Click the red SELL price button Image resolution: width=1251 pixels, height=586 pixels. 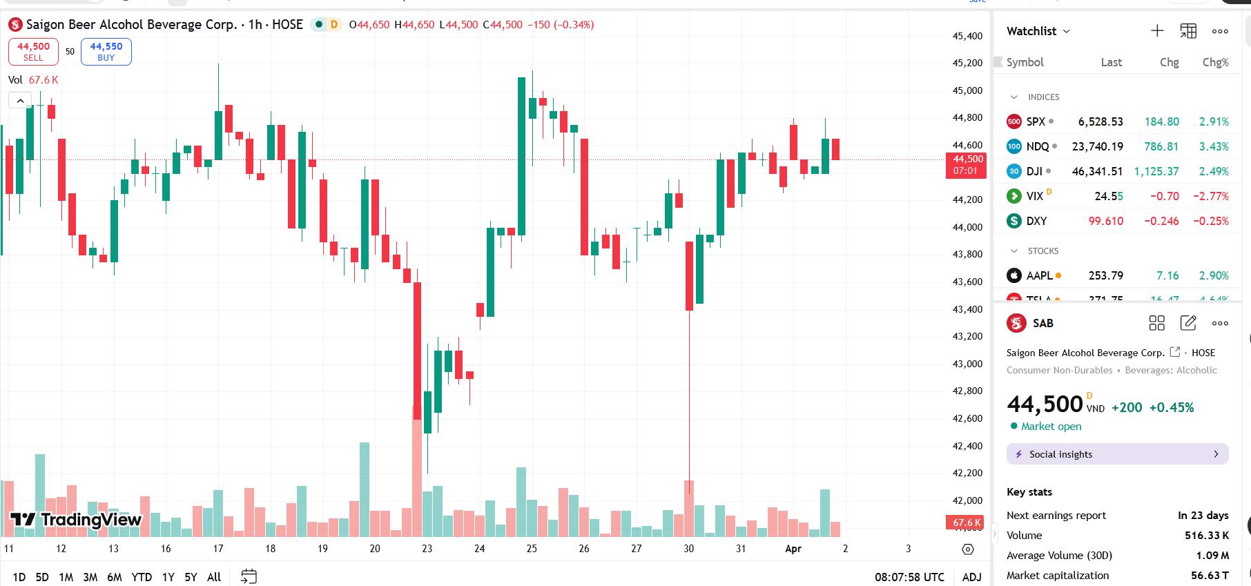(x=33, y=52)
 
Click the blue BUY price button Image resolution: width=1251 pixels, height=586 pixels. (x=106, y=52)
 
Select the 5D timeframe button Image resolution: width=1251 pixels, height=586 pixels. (x=42, y=577)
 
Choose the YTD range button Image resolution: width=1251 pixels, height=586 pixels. (x=142, y=577)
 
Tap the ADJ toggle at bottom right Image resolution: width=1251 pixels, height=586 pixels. (x=971, y=577)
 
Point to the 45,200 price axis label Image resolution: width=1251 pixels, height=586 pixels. (x=967, y=63)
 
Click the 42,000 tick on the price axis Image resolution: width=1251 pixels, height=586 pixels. (x=967, y=500)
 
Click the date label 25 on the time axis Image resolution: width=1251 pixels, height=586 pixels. (x=532, y=549)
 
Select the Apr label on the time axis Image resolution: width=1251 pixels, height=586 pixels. (x=793, y=549)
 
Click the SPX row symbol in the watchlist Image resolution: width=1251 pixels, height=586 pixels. (x=1035, y=121)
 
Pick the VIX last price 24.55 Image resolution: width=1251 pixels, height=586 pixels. (x=1109, y=196)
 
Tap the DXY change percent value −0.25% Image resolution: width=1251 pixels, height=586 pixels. (x=1211, y=221)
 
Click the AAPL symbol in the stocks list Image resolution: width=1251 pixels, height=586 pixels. (x=1039, y=275)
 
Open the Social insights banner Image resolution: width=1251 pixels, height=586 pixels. (x=1117, y=454)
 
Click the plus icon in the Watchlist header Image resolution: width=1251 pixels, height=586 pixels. (x=1157, y=31)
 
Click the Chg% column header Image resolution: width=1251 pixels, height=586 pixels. (x=1215, y=62)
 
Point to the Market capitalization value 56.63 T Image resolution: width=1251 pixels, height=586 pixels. (x=1210, y=575)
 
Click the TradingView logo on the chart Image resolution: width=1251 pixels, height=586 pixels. (x=76, y=520)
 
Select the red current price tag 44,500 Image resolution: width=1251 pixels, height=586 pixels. (x=966, y=165)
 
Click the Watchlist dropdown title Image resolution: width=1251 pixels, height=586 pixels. (x=1038, y=31)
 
